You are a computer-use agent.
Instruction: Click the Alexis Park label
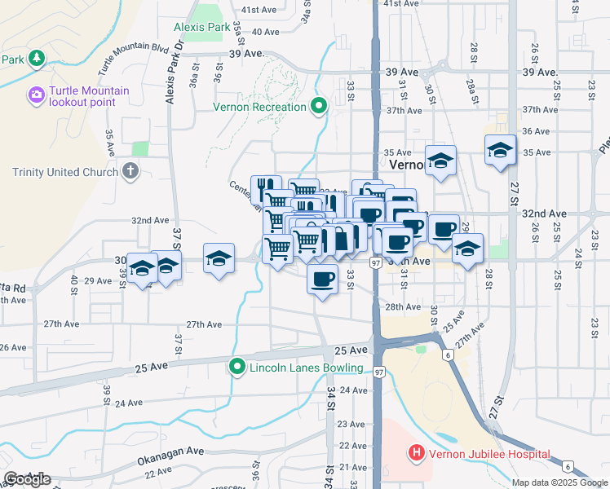(x=201, y=27)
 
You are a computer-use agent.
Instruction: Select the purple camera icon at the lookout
(x=36, y=96)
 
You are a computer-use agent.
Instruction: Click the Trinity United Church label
(x=58, y=172)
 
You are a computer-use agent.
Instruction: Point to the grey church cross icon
(x=130, y=171)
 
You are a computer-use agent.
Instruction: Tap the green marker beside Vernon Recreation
(x=319, y=107)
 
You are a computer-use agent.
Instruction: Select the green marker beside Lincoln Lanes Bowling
(x=237, y=368)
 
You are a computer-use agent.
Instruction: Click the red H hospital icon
(x=417, y=453)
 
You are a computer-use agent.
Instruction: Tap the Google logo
(x=27, y=479)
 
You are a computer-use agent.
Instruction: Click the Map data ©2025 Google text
(x=560, y=482)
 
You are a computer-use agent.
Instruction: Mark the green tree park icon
(x=36, y=59)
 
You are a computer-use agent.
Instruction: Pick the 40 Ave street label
(x=266, y=32)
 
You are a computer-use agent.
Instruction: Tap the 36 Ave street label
(x=536, y=130)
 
